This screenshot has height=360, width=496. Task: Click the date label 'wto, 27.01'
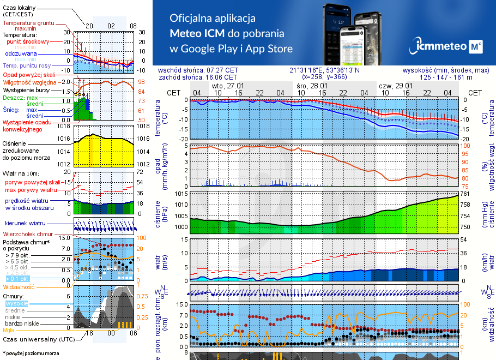pos(227,86)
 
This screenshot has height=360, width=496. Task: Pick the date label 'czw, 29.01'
pos(395,86)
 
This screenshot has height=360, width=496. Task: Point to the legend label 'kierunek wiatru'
pos(26,224)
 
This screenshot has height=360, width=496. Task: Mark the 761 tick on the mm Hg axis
pos(464,194)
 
